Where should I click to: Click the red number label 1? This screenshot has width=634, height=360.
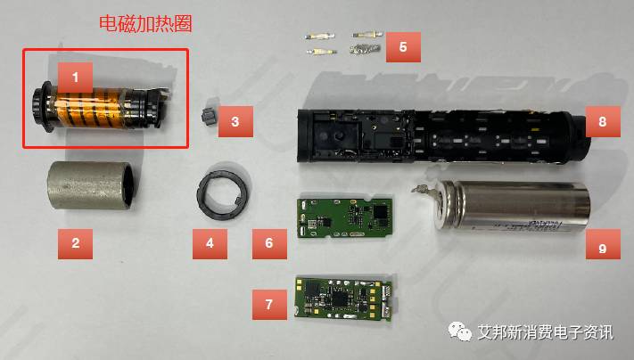coord(75,78)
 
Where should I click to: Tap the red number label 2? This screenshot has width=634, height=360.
coord(75,241)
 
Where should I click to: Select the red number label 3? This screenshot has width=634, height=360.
coord(235,120)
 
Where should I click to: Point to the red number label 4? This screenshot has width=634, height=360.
coord(210,241)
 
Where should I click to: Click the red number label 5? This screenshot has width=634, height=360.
coord(403,45)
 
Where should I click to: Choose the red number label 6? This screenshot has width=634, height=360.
coord(268,241)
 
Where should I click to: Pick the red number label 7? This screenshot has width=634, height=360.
coord(268,304)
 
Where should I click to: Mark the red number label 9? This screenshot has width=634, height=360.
coord(603,241)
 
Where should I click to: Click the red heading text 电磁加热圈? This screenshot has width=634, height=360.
coord(145,24)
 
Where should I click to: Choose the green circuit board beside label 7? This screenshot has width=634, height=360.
coord(342,298)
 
